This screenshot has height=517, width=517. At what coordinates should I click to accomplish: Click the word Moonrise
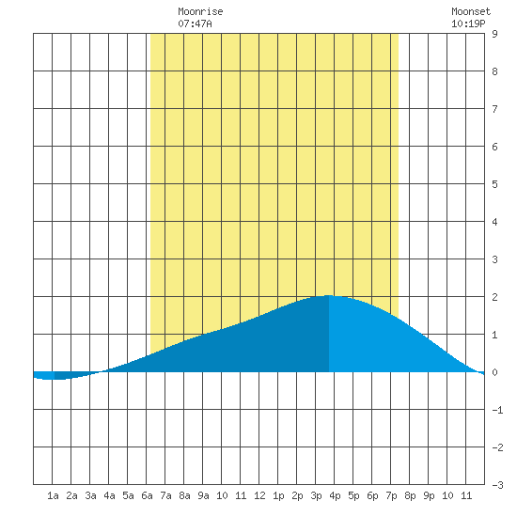[x=200, y=11]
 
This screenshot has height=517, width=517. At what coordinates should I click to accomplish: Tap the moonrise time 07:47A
[x=195, y=23]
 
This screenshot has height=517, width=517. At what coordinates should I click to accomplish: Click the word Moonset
[x=471, y=11]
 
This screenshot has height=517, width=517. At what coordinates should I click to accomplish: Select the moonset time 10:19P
[x=468, y=23]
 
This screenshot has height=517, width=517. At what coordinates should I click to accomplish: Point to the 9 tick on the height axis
[x=494, y=34]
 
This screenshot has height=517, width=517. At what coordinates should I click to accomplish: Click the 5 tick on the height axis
[x=494, y=184]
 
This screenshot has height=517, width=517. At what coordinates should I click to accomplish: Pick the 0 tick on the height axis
[x=494, y=372]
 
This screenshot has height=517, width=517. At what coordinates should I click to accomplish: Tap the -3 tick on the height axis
[x=497, y=485]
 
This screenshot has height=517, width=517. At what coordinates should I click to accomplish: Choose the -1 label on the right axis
[x=497, y=410]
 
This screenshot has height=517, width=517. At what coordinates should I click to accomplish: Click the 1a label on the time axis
[x=53, y=495]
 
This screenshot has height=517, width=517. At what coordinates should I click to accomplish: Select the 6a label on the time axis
[x=147, y=495]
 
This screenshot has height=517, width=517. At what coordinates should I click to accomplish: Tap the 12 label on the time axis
[x=259, y=495]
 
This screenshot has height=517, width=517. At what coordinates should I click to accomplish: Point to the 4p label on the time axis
[x=335, y=495]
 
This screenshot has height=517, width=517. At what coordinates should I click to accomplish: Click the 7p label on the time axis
[x=391, y=495]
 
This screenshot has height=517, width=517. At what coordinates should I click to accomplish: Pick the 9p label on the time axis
[x=429, y=495]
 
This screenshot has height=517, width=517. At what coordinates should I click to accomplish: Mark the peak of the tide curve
[x=329, y=295]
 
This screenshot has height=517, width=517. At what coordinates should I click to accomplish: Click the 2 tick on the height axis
[x=494, y=297]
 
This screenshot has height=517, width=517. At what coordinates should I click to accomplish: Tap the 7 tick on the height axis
[x=494, y=109]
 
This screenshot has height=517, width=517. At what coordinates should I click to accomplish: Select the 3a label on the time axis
[x=90, y=495]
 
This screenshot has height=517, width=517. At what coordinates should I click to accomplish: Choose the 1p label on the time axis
[x=278, y=495]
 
